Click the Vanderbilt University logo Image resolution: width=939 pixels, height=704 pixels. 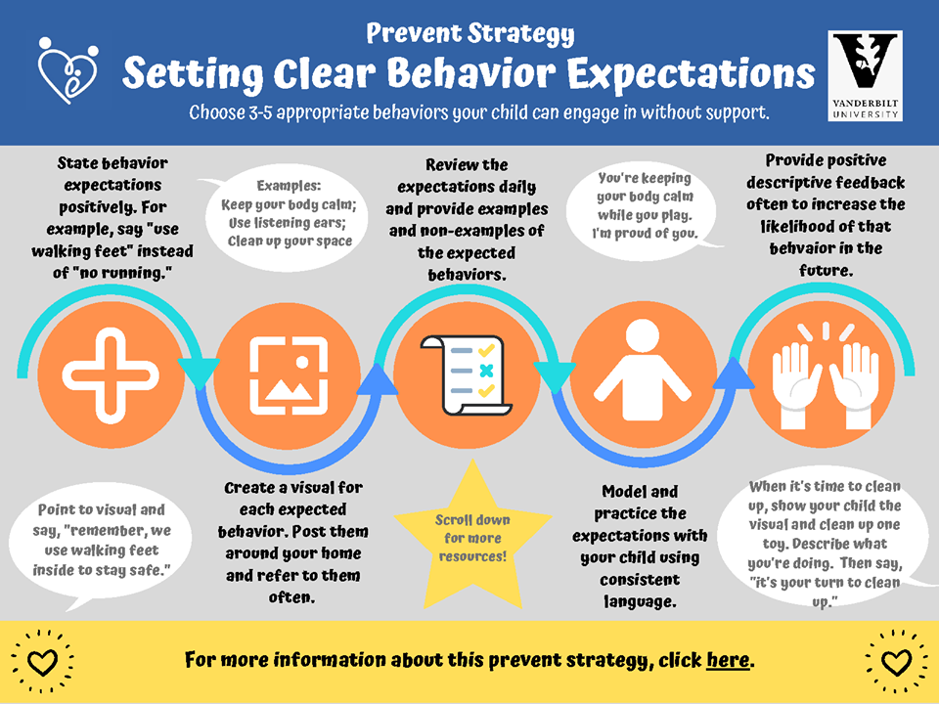[865, 76]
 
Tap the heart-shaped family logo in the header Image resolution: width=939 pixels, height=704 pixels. [67, 70]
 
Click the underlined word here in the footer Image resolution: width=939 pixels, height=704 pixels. [728, 660]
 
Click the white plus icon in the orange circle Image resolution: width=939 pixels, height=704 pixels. [111, 375]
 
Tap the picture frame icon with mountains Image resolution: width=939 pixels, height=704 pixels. [289, 375]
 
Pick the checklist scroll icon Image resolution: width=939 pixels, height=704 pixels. [467, 375]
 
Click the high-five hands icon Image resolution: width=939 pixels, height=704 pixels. [825, 375]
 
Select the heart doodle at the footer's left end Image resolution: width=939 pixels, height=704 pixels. [42, 662]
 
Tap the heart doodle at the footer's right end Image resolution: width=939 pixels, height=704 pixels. [896, 662]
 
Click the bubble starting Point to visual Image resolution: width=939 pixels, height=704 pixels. [100, 542]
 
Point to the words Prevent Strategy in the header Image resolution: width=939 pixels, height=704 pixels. [470, 33]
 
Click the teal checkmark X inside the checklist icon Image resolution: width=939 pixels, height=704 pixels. [486, 371]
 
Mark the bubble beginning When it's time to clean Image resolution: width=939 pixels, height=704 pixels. [825, 543]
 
